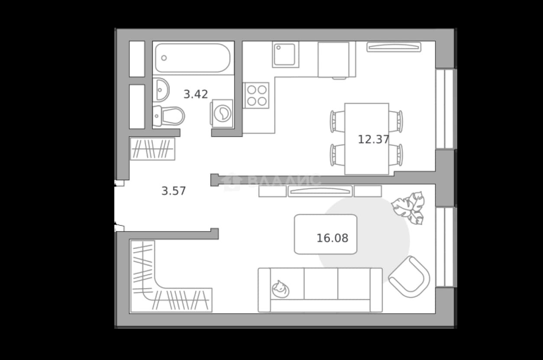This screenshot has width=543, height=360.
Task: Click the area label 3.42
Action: pyautogui.click(x=196, y=94)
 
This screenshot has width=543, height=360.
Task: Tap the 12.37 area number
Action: pyautogui.click(x=374, y=139)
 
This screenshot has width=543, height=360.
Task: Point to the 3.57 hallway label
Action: pyautogui.click(x=174, y=191)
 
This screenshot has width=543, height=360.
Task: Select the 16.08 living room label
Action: pyautogui.click(x=333, y=238)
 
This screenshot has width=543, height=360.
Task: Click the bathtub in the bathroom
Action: pyautogui.click(x=193, y=58)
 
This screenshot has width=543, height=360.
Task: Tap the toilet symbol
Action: pyautogui.click(x=168, y=116)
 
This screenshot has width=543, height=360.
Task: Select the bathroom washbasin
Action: pyautogui.click(x=161, y=90)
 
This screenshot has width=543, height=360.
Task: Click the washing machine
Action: pyautogui.click(x=222, y=113)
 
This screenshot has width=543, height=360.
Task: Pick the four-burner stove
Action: pyautogui.click(x=256, y=96)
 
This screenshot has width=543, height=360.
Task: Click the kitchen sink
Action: pyautogui.click(x=285, y=55)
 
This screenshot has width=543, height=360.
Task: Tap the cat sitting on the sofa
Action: pyautogui.click(x=281, y=289)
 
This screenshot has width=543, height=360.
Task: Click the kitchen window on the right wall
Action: pyautogui.click(x=445, y=109)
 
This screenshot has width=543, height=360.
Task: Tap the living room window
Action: pyautogui.click(x=445, y=247)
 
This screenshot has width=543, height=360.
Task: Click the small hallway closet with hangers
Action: pyautogui.click(x=152, y=149)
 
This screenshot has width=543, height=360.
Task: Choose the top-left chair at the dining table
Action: pyautogui.click(x=337, y=122)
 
